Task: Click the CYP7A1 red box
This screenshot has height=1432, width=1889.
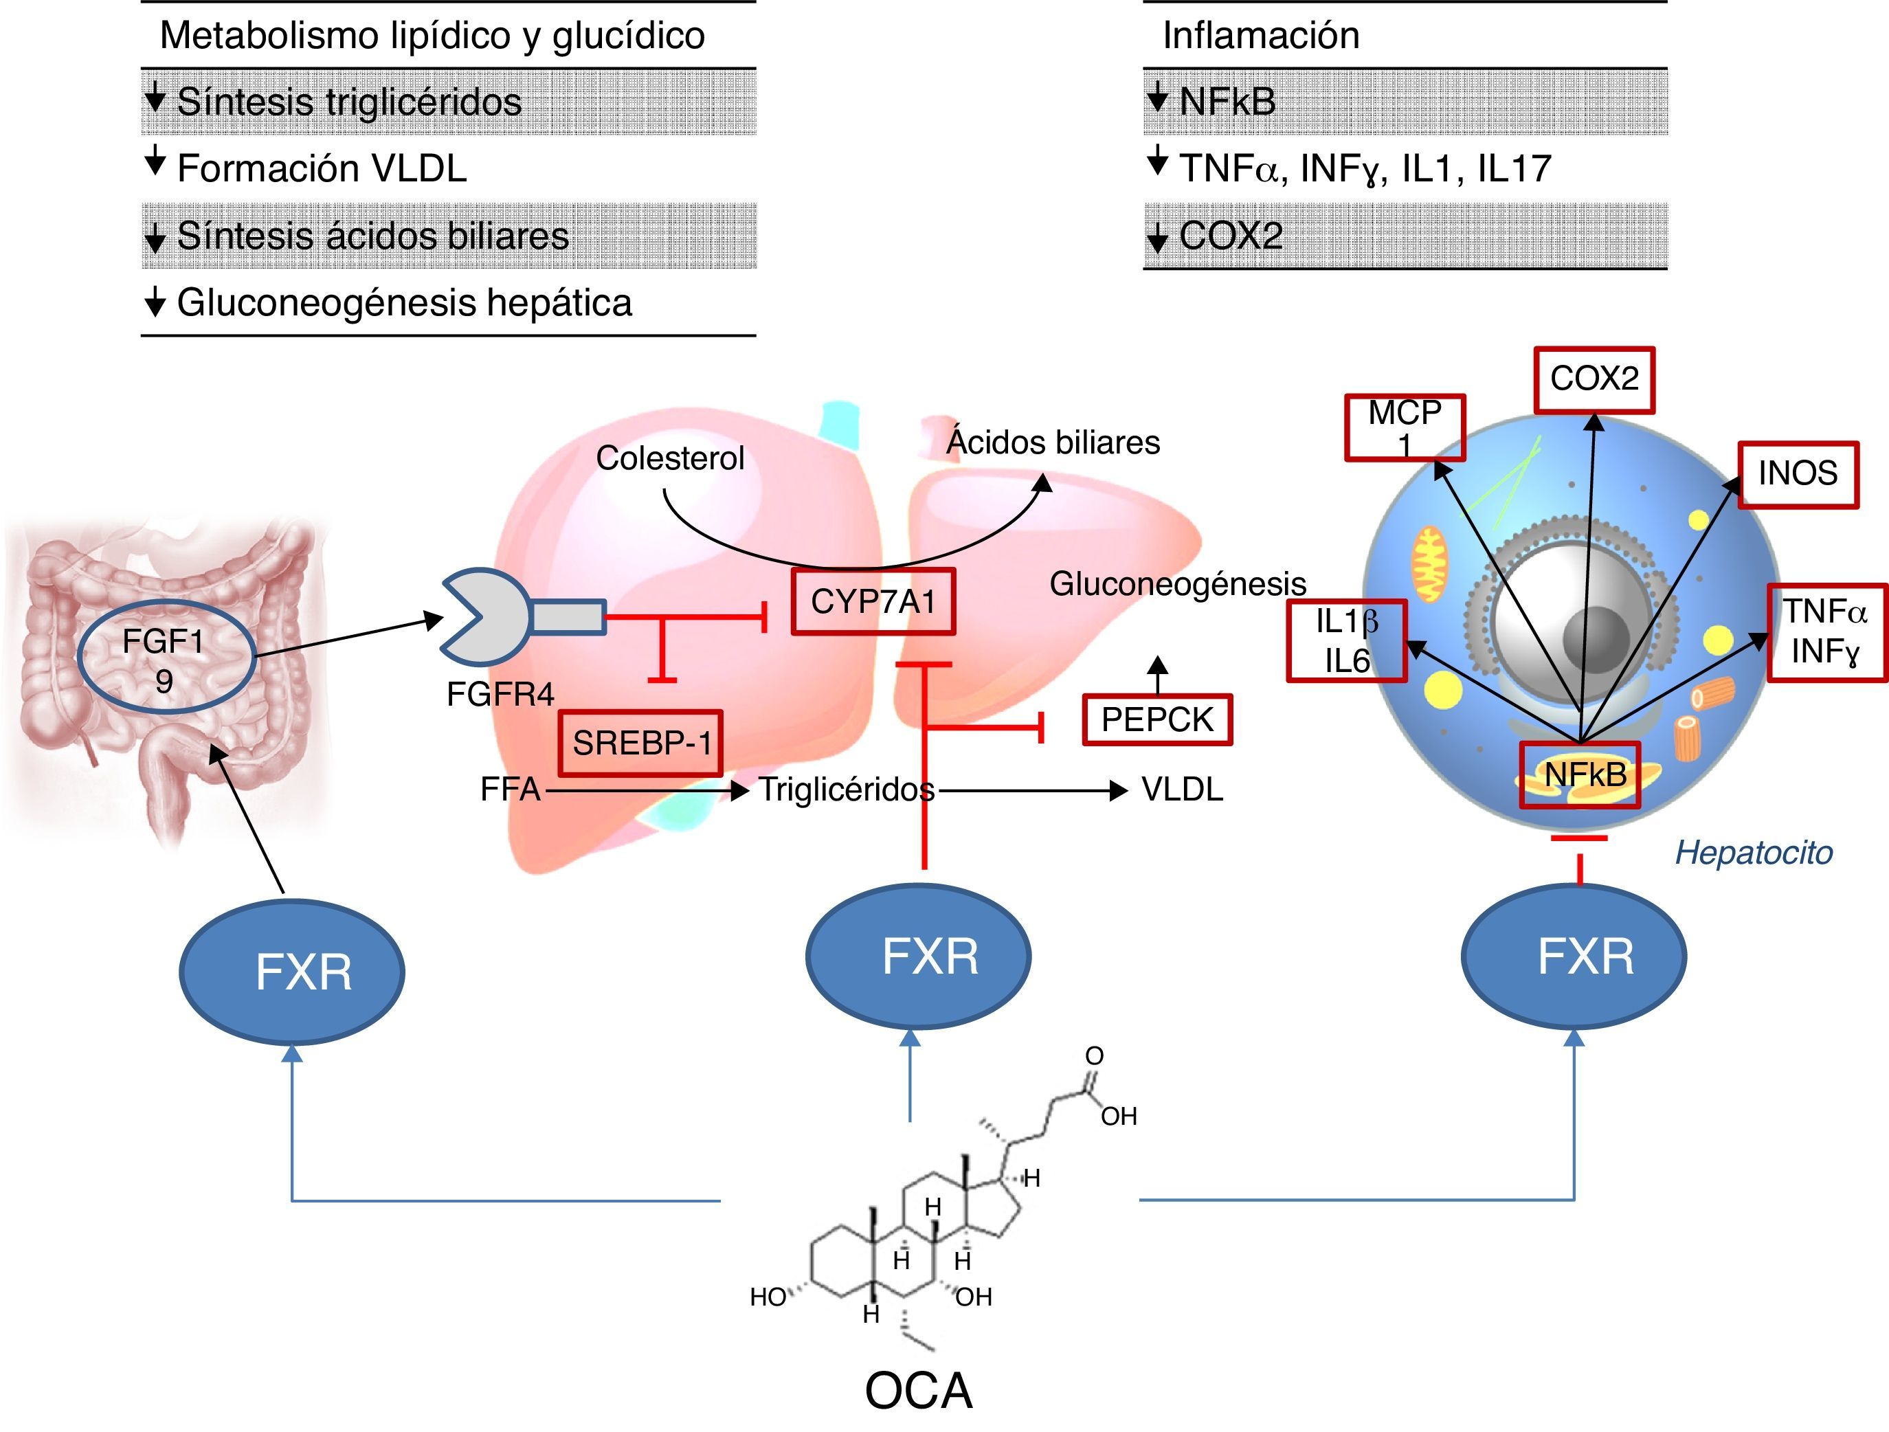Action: click(x=873, y=602)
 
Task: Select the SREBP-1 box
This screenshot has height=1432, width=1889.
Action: click(x=640, y=743)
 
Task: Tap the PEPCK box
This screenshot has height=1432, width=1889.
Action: click(x=1157, y=720)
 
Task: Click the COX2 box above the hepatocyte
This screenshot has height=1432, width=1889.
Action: click(x=1594, y=380)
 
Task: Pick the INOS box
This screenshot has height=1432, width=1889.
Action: click(x=1798, y=474)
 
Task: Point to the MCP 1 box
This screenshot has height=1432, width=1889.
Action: click(x=1405, y=427)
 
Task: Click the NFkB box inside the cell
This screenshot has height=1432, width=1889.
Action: click(x=1580, y=774)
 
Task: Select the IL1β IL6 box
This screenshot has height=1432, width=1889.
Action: click(x=1347, y=641)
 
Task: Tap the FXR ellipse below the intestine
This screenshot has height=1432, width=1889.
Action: click(x=292, y=972)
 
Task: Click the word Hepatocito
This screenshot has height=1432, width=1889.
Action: click(x=1753, y=853)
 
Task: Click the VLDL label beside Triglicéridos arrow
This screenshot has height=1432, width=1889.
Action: click(x=1182, y=790)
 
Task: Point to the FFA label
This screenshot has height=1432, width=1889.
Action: click(x=510, y=790)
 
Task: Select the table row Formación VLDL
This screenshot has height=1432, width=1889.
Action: click(x=322, y=168)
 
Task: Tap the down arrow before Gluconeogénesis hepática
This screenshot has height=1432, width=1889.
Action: click(x=155, y=302)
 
